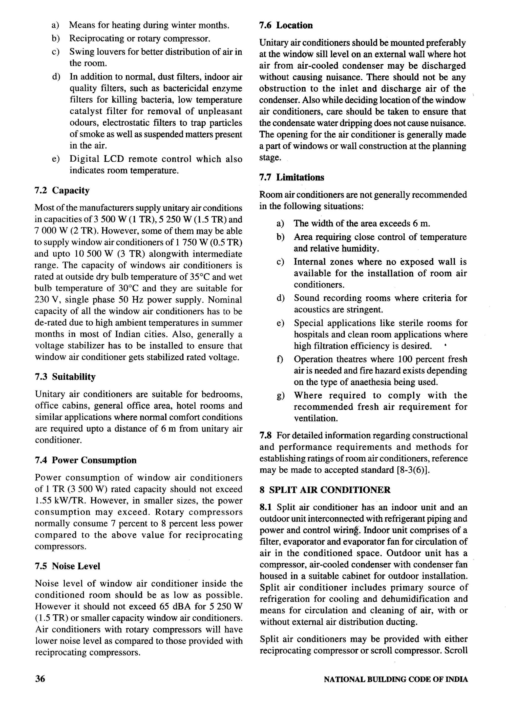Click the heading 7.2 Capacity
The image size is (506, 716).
pyautogui.click(x=62, y=190)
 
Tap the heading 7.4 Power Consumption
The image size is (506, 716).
pyautogui.click(x=85, y=460)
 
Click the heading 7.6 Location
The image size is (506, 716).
pyautogui.click(x=286, y=25)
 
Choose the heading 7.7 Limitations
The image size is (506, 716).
pyautogui.click(x=292, y=177)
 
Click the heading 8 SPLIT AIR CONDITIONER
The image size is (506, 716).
pyautogui.click(x=325, y=490)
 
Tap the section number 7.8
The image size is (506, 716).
pyautogui.click(x=265, y=435)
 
